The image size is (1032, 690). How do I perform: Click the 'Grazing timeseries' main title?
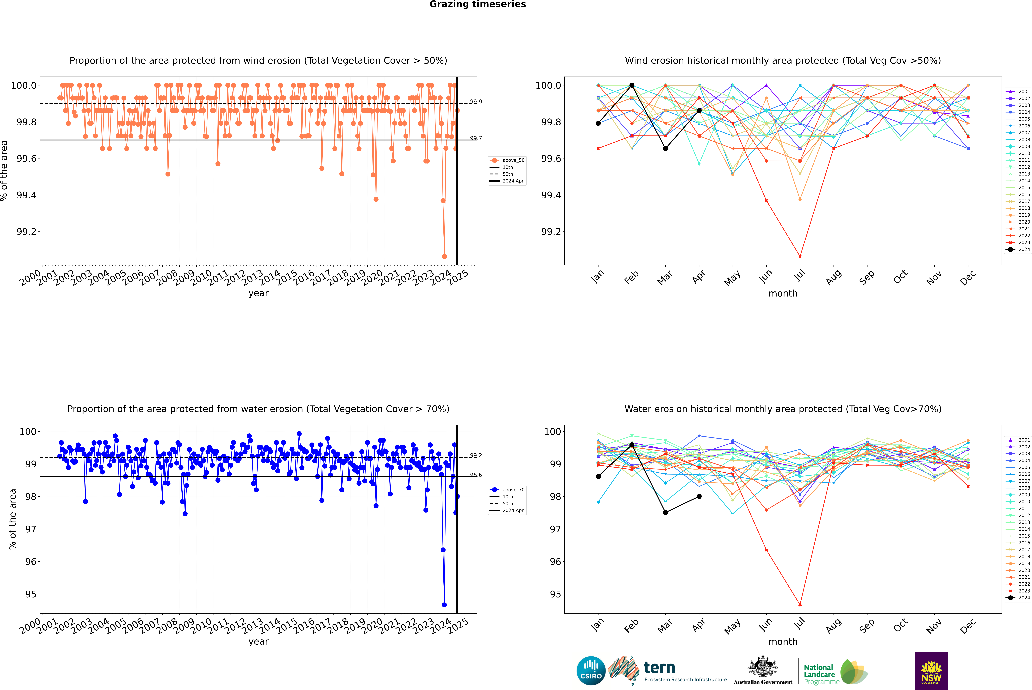(x=478, y=4)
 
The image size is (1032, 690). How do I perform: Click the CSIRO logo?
(x=591, y=671)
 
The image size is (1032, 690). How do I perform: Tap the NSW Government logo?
(x=931, y=671)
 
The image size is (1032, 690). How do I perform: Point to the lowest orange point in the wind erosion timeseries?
(x=444, y=257)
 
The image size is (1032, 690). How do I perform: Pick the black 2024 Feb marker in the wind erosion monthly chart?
(x=632, y=85)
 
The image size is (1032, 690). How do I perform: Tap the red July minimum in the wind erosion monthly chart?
(x=800, y=257)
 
